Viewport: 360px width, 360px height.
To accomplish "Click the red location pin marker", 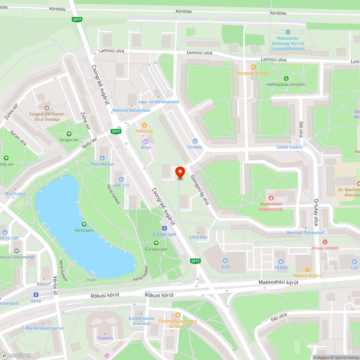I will (180, 172).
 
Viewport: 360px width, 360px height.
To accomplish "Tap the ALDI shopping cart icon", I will (225, 261).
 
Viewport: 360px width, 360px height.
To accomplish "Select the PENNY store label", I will (281, 267).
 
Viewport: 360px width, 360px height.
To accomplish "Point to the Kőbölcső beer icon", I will (144, 125).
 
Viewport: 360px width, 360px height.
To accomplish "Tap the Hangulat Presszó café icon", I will (253, 67).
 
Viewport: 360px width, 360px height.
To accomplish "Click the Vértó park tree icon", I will (84, 224).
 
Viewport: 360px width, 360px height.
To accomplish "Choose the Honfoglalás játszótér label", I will (286, 85).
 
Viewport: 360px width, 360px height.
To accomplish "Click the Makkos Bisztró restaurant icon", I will (307, 269).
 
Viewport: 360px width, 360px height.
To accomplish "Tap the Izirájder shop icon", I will (195, 141).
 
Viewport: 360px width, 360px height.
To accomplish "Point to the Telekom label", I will (105, 338).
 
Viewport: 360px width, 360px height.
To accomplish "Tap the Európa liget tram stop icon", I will (164, 228).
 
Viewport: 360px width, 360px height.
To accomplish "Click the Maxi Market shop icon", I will (102, 158).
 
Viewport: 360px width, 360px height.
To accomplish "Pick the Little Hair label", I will (198, 237).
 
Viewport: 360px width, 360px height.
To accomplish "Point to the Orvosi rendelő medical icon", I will (325, 242).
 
